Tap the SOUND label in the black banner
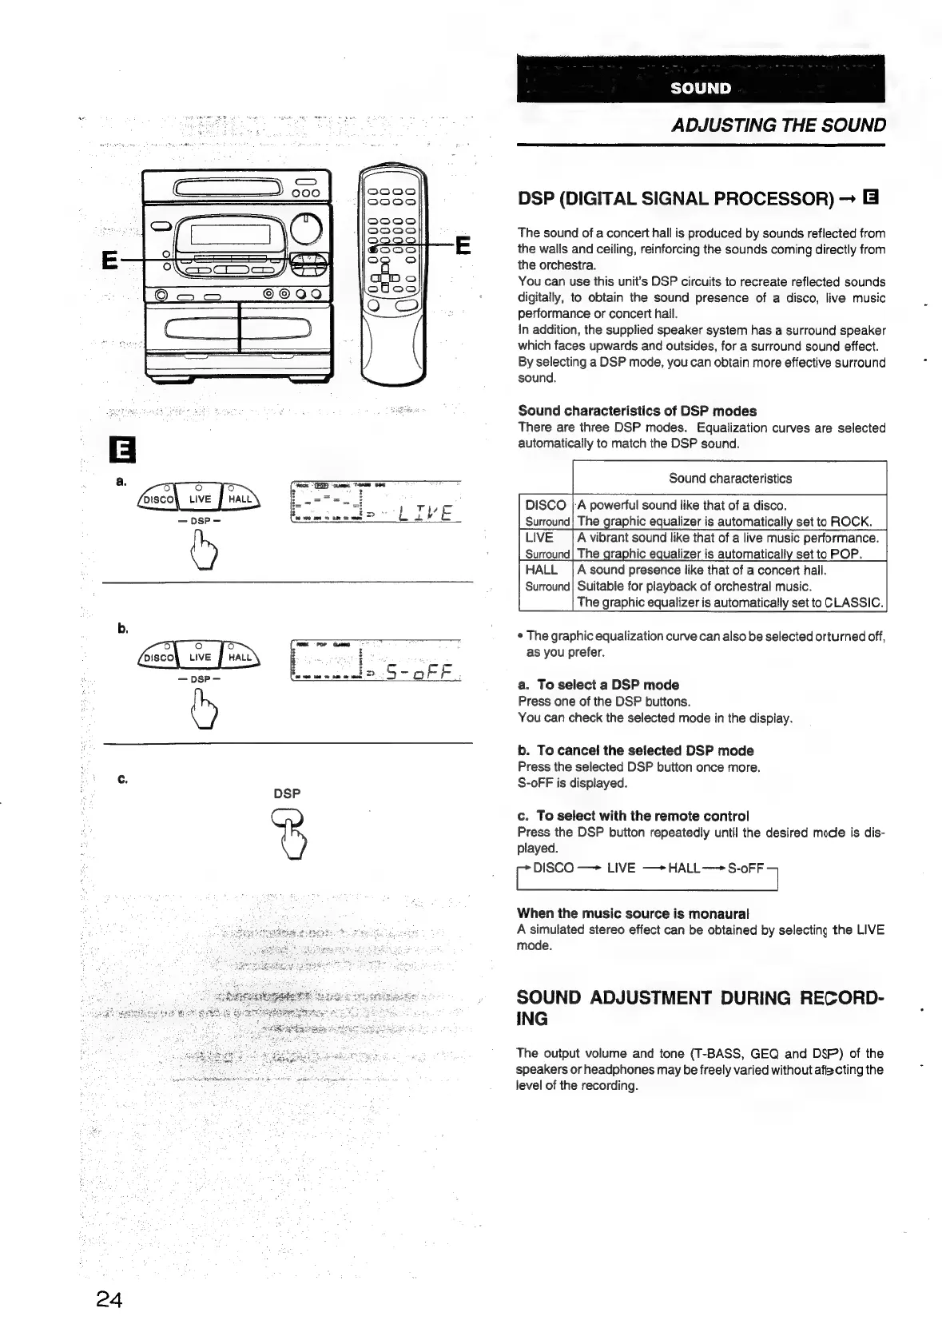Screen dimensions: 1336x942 701,88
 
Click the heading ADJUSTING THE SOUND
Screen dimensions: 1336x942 778,125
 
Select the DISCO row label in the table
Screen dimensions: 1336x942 546,505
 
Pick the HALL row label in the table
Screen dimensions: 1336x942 542,570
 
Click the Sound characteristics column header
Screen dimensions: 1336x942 729,479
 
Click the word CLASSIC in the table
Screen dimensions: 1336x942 853,602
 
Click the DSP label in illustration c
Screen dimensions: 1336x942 287,793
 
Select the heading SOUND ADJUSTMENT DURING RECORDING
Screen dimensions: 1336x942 700,1008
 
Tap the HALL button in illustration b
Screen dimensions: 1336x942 239,658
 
